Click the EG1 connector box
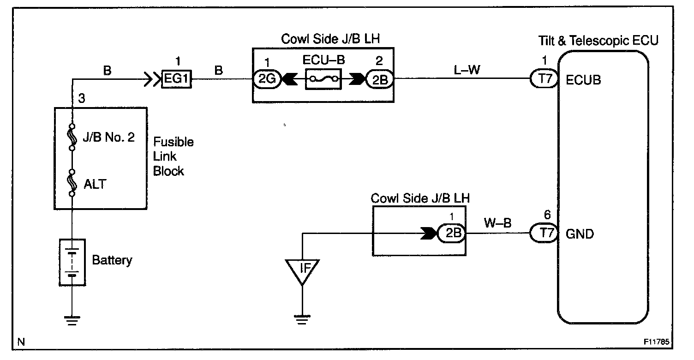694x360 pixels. [177, 79]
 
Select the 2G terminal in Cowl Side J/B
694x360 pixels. [267, 79]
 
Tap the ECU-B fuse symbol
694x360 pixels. [323, 79]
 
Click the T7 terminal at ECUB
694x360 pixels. [544, 78]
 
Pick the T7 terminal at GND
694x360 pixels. [544, 233]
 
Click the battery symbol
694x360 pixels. [72, 263]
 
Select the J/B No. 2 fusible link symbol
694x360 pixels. [72, 137]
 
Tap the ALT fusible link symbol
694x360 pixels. [72, 183]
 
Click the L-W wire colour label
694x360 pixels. [467, 70]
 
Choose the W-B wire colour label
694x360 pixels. [497, 223]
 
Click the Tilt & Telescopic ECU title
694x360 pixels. [598, 41]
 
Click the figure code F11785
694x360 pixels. [657, 342]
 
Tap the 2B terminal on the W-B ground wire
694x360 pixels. [451, 233]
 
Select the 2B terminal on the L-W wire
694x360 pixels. [380, 79]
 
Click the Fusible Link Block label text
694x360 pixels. [173, 156]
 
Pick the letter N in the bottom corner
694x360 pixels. [21, 342]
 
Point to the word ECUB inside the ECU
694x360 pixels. [583, 80]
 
